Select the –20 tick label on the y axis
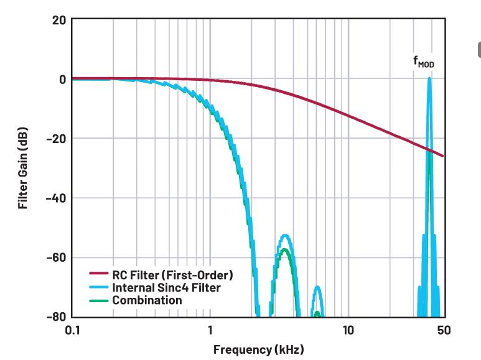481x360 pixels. (54, 139)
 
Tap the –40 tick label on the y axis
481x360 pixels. (54, 198)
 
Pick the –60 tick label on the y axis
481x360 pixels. (54, 257)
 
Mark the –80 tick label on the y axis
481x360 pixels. (54, 317)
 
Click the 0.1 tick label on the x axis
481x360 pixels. (72, 330)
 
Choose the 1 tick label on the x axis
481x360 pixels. (210, 330)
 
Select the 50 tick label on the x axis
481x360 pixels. (444, 330)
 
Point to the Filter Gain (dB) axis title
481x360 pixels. (23, 168)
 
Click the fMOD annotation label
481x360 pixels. (424, 62)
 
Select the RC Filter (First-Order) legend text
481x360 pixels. (172, 274)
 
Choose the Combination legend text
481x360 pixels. (147, 300)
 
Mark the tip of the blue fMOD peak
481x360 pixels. (429, 78)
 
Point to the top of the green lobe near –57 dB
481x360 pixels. (285, 249)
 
